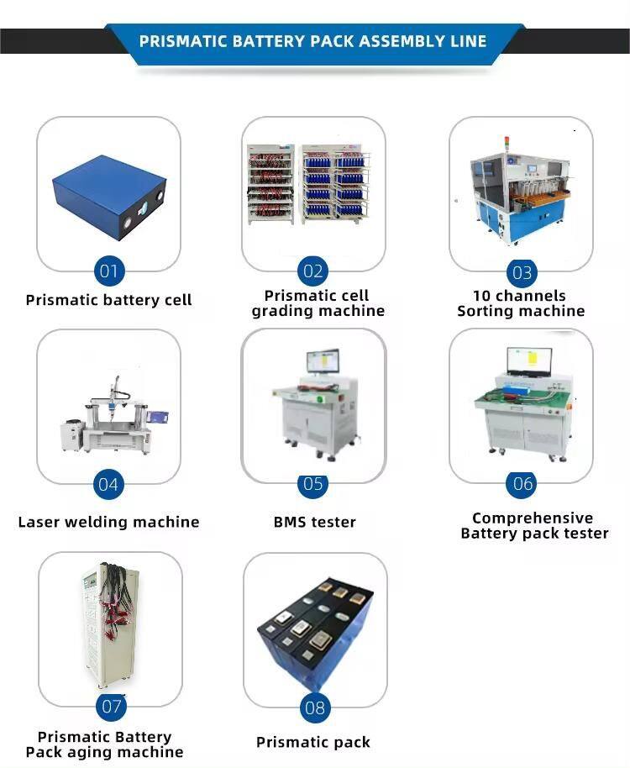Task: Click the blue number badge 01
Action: tap(108, 271)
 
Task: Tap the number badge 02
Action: tap(312, 271)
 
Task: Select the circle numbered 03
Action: tap(522, 272)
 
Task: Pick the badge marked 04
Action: tap(108, 484)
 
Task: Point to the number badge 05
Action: tap(312, 484)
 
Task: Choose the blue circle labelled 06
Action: tap(522, 484)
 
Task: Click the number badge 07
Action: tap(111, 707)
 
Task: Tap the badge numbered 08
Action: tap(315, 708)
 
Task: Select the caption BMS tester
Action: tap(315, 522)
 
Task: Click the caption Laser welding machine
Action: tap(108, 522)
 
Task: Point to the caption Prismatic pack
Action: tap(313, 742)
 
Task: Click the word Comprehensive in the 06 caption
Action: tap(533, 518)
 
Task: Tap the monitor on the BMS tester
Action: tap(323, 361)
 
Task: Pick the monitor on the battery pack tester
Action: tap(530, 361)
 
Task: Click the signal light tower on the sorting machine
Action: tap(507, 145)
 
